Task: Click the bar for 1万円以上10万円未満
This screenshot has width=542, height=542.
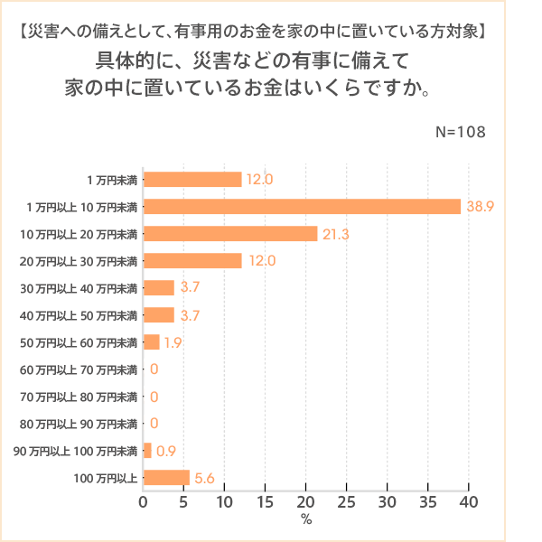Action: [x=303, y=207]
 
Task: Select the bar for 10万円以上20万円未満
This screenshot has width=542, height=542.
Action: [x=230, y=234]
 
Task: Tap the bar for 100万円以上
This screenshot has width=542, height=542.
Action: [x=166, y=478]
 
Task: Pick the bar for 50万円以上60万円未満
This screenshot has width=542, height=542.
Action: [x=152, y=342]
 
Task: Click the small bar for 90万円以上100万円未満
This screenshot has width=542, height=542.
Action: [x=147, y=451]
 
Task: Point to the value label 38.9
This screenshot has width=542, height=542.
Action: [x=480, y=207]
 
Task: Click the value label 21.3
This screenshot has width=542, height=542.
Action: [x=335, y=234]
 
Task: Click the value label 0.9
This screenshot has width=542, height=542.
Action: [x=166, y=451]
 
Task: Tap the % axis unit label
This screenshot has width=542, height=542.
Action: [x=306, y=520]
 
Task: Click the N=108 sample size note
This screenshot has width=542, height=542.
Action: [x=461, y=131]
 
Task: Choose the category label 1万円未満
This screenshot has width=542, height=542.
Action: [x=112, y=180]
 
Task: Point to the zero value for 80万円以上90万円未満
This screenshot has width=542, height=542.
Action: [x=154, y=424]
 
